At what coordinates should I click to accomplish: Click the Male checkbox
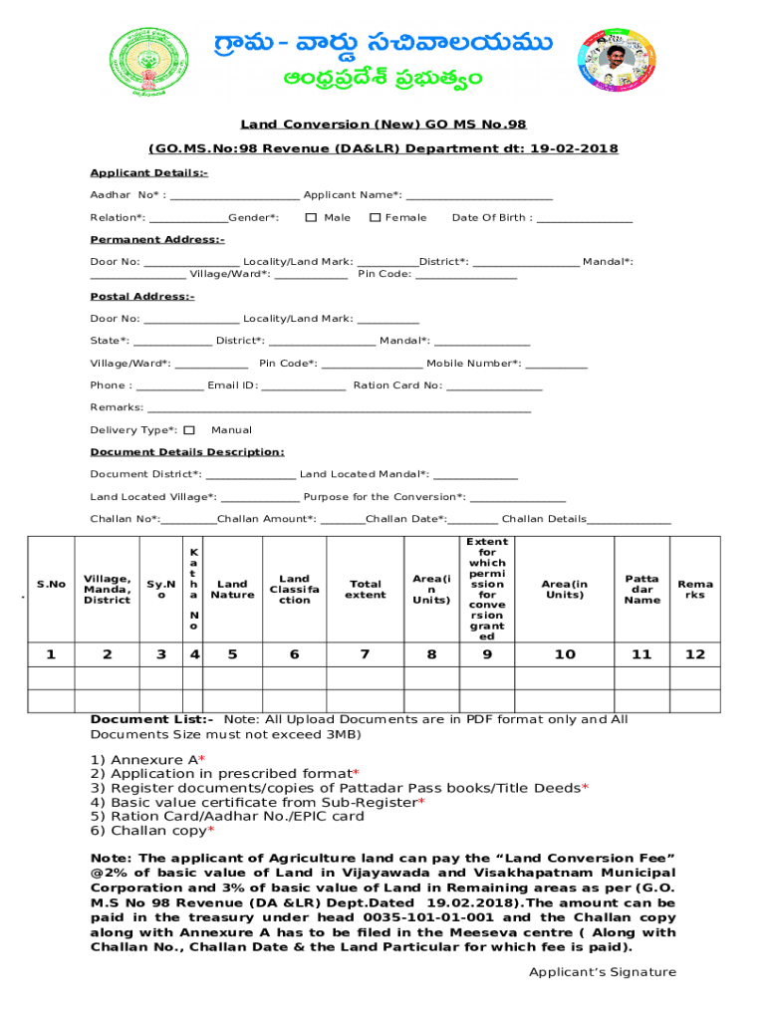click(x=311, y=217)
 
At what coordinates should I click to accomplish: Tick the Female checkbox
click(x=375, y=217)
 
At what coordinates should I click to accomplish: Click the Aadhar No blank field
click(x=234, y=196)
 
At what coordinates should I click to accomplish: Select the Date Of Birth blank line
click(x=585, y=218)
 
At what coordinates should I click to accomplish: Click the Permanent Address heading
click(x=157, y=240)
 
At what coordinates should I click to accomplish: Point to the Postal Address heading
click(x=142, y=297)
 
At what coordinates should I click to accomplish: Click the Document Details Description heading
click(x=187, y=452)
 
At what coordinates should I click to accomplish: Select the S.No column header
click(x=51, y=585)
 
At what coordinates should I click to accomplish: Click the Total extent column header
click(x=366, y=590)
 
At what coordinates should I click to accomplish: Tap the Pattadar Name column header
click(x=641, y=589)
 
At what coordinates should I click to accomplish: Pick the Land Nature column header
click(x=232, y=590)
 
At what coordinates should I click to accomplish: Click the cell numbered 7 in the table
click(x=366, y=654)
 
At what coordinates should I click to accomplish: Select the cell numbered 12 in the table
click(x=695, y=654)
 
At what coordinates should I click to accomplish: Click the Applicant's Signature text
click(x=602, y=972)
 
